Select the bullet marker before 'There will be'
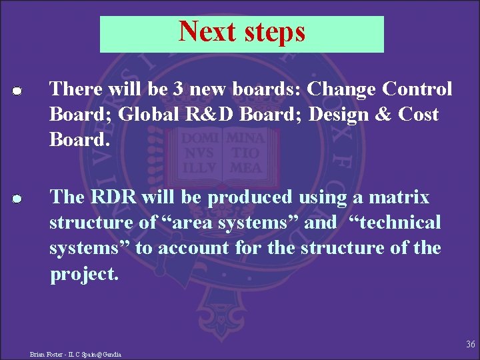pyautogui.click(x=18, y=91)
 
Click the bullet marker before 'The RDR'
pyautogui.click(x=18, y=199)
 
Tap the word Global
pyautogui.click(x=148, y=114)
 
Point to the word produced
pyautogui.click(x=249, y=198)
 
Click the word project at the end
pyautogui.click(x=84, y=274)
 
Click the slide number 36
pyautogui.click(x=471, y=344)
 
